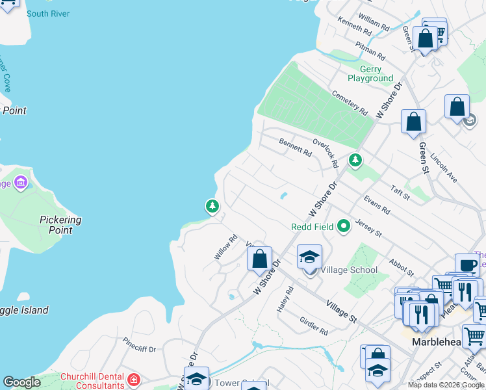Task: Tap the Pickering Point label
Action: (x=60, y=225)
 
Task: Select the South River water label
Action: (x=48, y=14)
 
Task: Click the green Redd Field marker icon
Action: (x=344, y=226)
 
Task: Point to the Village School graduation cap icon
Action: (x=309, y=257)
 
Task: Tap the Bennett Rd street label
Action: (x=296, y=147)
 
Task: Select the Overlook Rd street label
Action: (x=325, y=152)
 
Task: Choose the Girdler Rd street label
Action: (x=314, y=326)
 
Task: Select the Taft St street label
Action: (x=401, y=192)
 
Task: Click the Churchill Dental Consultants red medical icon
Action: (x=134, y=379)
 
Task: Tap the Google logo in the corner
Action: (x=22, y=382)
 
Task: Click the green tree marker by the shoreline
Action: (x=212, y=206)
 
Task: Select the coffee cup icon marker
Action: (x=467, y=265)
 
